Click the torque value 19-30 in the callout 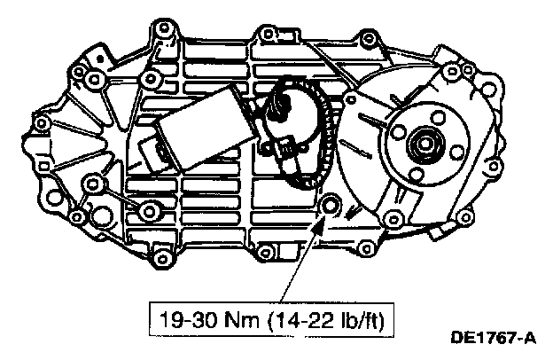coord(188,320)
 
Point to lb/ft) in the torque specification coord(362,320)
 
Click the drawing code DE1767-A coord(493,339)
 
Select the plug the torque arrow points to coord(330,204)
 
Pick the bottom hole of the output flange coord(417,174)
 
